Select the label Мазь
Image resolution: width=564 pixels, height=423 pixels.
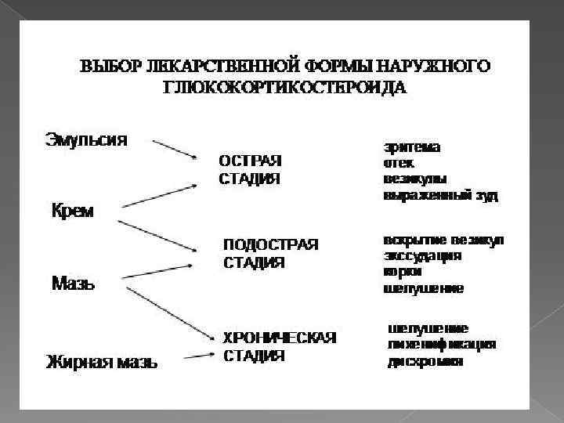74,283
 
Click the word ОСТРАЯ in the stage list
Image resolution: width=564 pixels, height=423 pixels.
249,160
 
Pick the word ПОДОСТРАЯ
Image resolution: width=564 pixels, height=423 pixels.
271,244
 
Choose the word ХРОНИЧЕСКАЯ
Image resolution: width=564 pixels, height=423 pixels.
280,338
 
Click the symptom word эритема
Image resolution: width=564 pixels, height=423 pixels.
411,146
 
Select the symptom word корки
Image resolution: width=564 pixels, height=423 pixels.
403,271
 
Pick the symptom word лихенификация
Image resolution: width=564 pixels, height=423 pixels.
441,344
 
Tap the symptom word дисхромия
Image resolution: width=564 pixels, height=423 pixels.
425,361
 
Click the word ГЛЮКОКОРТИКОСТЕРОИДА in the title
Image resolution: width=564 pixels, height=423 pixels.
284,88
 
